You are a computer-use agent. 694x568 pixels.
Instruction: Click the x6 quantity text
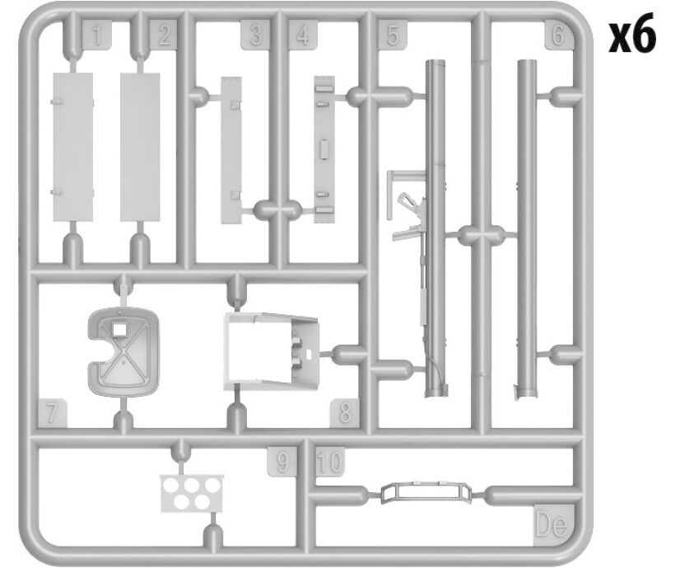coord(631,37)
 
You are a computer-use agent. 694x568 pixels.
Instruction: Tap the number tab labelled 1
coord(97,35)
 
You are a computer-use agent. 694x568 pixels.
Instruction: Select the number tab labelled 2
coord(163,35)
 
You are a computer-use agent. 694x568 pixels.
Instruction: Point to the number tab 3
coord(255,35)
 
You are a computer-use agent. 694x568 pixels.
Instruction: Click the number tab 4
coord(303,35)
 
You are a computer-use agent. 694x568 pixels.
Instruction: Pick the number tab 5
coord(393,35)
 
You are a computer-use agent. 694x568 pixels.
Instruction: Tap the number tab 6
coord(558,35)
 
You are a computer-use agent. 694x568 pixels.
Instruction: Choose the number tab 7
coord(52,413)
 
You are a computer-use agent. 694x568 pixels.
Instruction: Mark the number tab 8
coord(344,413)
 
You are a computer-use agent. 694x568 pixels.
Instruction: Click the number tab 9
coord(282,462)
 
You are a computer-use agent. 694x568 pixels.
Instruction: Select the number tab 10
coord(330,462)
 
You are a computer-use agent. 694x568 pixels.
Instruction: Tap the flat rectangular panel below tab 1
coord(73,147)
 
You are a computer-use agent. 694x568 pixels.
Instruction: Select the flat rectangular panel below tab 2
coord(140,147)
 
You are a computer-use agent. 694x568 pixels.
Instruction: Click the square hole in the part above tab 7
coord(119,329)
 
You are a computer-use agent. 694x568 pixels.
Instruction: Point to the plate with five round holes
coord(192,493)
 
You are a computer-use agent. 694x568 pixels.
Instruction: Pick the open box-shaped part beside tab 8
coord(271,352)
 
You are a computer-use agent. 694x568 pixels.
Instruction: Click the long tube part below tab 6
coord(527,229)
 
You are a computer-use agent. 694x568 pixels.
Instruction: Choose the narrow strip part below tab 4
coord(324,149)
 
